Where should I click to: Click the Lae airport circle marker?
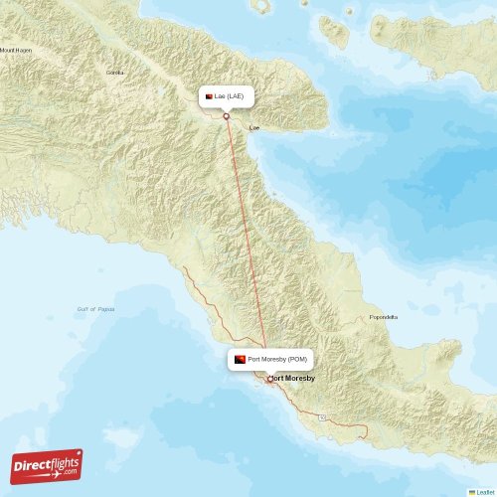pos(227,116)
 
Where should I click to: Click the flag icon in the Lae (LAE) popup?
pos(208,96)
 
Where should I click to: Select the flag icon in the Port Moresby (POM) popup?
pos(240,359)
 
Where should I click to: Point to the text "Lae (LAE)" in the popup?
pos(230,96)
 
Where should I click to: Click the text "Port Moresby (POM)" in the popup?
pos(277,359)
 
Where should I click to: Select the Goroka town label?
pos(115,73)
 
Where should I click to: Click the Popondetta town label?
pos(383,317)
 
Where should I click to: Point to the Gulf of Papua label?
pos(96,309)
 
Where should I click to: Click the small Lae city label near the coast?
pos(254,127)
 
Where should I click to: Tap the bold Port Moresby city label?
pos(294,379)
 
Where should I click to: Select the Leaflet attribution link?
pos(486,491)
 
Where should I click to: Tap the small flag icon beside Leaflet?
pos(472,491)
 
